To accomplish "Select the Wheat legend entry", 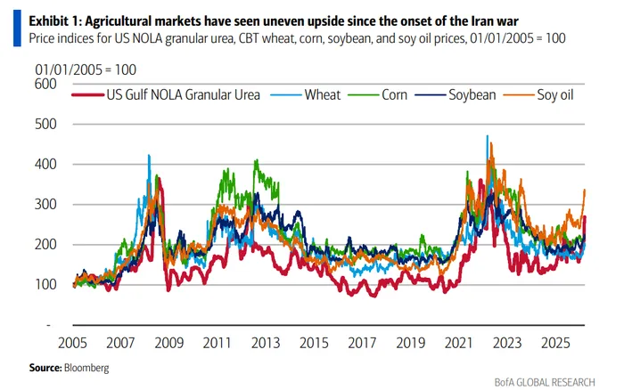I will [x=320, y=93].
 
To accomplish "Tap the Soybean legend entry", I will [x=472, y=93].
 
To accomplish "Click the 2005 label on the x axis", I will [x=74, y=342].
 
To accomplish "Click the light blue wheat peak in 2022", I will [x=487, y=136].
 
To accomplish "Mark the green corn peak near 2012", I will [x=257, y=161].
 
